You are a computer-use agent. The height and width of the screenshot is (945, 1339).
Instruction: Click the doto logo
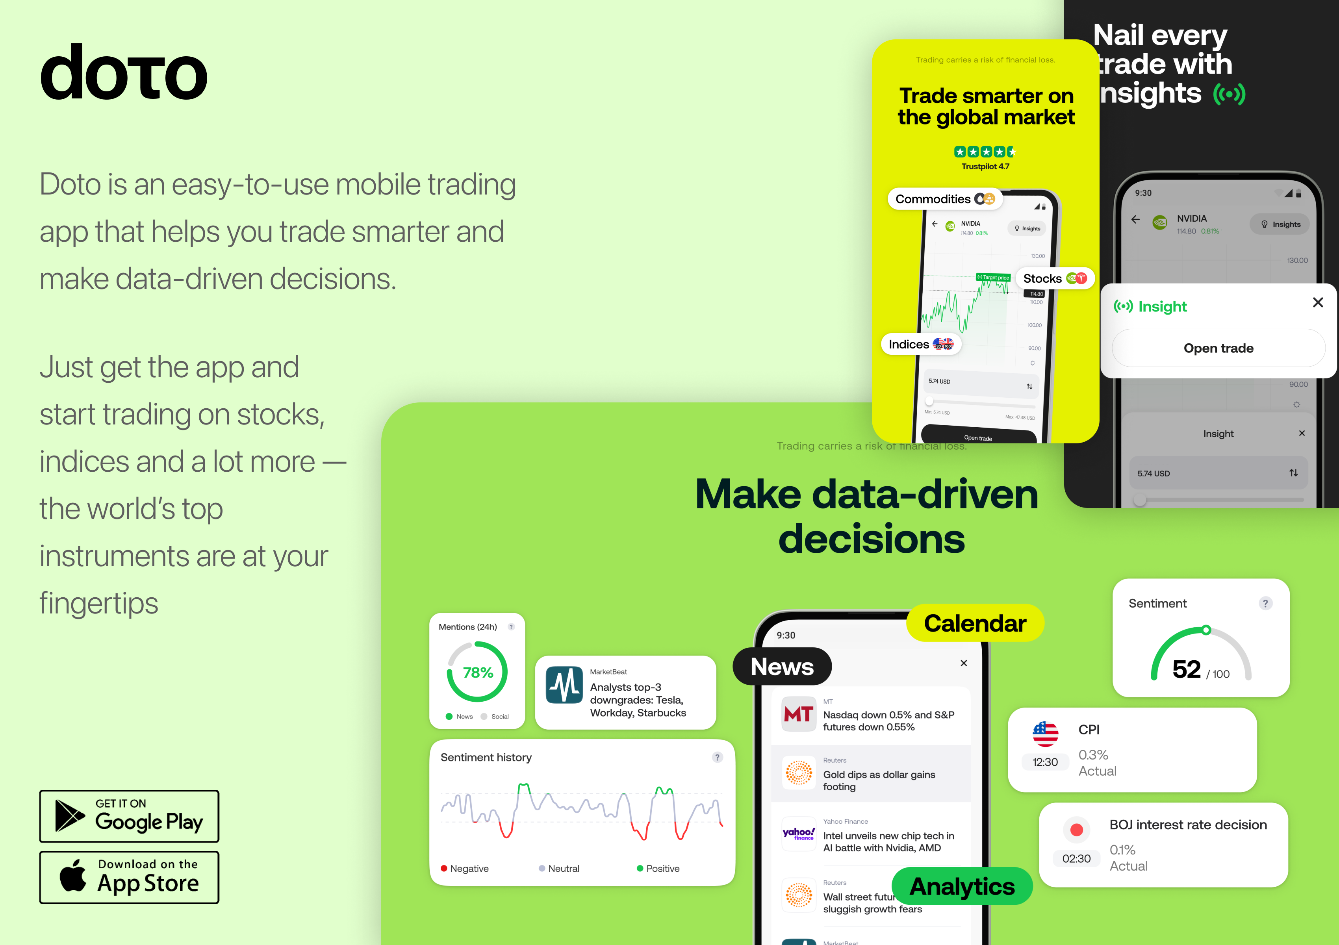pyautogui.click(x=124, y=73)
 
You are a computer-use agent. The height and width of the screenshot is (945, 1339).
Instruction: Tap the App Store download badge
pyautogui.click(x=129, y=877)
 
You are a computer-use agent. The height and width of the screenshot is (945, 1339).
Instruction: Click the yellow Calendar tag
pyautogui.click(x=974, y=623)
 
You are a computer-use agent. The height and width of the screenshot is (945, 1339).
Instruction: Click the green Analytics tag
pyautogui.click(x=962, y=886)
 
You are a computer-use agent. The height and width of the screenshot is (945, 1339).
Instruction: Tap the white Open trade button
pyautogui.click(x=1218, y=348)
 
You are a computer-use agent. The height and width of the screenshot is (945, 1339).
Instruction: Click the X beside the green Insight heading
pyautogui.click(x=1317, y=302)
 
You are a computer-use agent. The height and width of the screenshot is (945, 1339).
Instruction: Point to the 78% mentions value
pyautogui.click(x=478, y=673)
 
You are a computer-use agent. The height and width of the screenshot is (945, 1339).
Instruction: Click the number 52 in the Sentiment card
pyautogui.click(x=1186, y=669)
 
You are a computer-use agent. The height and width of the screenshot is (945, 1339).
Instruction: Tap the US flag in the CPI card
pyautogui.click(x=1045, y=734)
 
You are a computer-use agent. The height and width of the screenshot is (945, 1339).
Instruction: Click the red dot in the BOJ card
pyautogui.click(x=1077, y=830)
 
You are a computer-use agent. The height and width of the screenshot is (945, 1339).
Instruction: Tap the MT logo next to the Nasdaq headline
pyautogui.click(x=798, y=714)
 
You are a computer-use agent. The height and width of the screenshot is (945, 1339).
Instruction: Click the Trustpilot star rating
pyautogui.click(x=985, y=152)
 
